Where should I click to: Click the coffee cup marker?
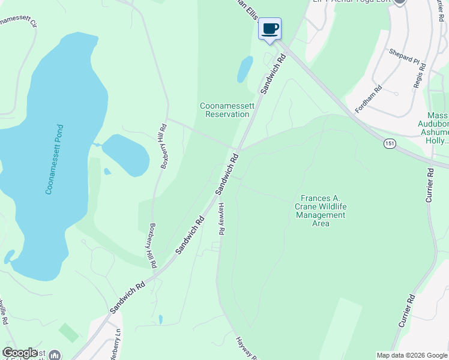point(270,29)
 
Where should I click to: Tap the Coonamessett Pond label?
point(53,159)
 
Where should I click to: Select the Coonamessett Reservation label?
point(227,110)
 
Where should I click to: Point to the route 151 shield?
point(390,143)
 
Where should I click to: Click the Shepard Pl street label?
point(404,57)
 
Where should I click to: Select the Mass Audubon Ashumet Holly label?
point(437,128)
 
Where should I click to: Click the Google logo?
point(20,353)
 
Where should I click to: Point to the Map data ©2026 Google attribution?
point(412,355)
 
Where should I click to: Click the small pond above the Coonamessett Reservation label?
point(245,69)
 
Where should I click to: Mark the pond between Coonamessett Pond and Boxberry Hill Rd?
point(125,154)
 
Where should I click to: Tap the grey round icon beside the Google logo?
point(55,355)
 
